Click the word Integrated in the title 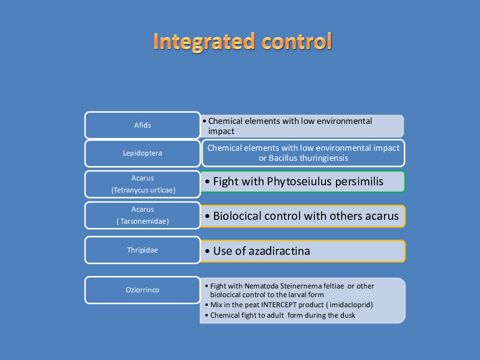tap(204, 42)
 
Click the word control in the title tap(297, 41)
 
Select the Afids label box tap(143, 125)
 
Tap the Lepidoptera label tap(143, 153)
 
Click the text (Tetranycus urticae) tap(143, 190)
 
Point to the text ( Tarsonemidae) tap(143, 221)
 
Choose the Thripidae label tap(143, 250)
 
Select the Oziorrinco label tap(143, 290)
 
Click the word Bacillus tap(283, 158)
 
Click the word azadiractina tap(279, 251)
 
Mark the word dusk tap(348, 315)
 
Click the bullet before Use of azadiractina tap(207, 252)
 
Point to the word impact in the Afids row tap(221, 132)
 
